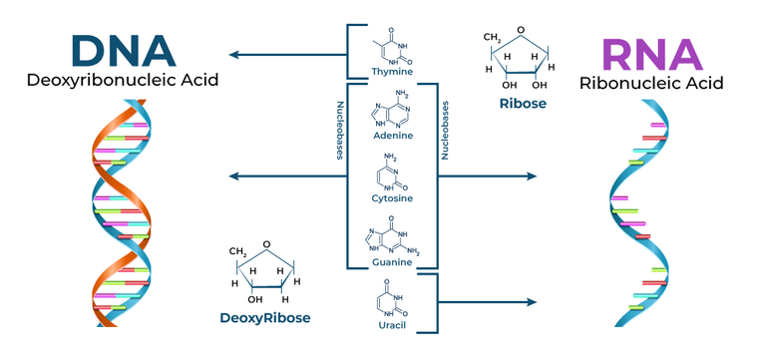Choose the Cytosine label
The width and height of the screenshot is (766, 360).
pos(391,198)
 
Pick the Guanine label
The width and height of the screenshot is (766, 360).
pos(391,262)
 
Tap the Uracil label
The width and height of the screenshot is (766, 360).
pos(391,325)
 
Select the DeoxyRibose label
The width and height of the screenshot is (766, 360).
pos(265,318)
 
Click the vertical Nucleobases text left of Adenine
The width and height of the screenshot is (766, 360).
pos(339,130)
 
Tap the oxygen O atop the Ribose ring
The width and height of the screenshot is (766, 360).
pos(533,30)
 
